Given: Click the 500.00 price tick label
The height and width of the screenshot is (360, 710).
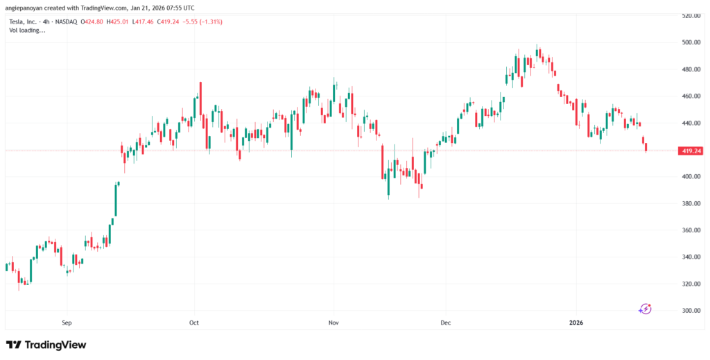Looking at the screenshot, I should point(689,42).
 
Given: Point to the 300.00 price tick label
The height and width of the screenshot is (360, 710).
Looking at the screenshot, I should point(689,311).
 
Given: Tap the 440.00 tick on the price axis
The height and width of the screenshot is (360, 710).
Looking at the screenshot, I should point(689,123).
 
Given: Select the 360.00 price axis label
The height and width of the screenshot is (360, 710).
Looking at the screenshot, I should point(689,230).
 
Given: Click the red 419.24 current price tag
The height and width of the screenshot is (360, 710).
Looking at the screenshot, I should point(691,150).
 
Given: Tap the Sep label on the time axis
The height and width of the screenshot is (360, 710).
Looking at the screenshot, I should point(67,323).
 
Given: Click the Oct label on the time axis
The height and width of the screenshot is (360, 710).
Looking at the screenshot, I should point(194,323).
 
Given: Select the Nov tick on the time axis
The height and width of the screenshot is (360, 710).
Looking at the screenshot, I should point(334,323).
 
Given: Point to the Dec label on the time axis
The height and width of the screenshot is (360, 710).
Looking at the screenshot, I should point(445,323).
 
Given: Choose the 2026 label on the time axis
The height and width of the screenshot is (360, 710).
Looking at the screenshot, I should point(577,323).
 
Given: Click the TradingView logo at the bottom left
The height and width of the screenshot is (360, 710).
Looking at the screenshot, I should point(46,345).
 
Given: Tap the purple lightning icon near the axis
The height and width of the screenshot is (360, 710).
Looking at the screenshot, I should point(646,309).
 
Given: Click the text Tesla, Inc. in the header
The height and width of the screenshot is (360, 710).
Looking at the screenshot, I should point(24,22).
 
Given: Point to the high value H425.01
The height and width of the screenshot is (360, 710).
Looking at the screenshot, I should point(119,22).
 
